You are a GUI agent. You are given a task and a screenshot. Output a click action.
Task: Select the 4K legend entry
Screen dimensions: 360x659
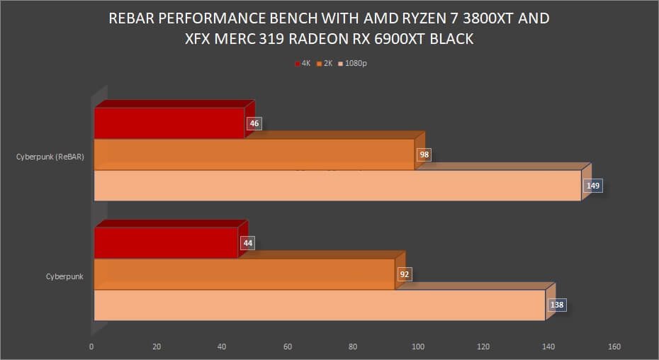(303, 63)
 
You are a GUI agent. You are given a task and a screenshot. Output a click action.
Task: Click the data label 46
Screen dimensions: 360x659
(254, 124)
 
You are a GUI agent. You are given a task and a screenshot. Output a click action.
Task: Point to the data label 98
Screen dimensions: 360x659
(424, 154)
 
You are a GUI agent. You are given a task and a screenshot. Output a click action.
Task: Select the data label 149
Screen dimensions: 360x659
(592, 186)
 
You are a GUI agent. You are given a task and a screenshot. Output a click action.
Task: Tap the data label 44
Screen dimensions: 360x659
(248, 243)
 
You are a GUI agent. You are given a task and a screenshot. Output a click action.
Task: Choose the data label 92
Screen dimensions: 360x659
(405, 274)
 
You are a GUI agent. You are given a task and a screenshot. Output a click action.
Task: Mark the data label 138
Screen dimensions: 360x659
(556, 305)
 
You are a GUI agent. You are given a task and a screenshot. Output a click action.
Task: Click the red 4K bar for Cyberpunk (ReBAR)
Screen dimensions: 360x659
(169, 123)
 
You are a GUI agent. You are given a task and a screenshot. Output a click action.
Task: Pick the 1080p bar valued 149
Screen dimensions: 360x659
(337, 186)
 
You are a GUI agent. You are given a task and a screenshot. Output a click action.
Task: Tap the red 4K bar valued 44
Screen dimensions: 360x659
(166, 243)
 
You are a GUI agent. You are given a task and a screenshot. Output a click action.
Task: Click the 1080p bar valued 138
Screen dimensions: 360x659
(320, 305)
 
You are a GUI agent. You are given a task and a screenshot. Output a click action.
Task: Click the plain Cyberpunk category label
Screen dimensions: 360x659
(64, 276)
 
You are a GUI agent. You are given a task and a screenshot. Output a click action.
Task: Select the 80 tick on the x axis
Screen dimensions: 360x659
(353, 347)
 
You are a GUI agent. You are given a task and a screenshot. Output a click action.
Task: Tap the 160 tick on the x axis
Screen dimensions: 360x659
(614, 347)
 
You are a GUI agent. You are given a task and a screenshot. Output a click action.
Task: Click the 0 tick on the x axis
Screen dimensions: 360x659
(91, 347)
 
